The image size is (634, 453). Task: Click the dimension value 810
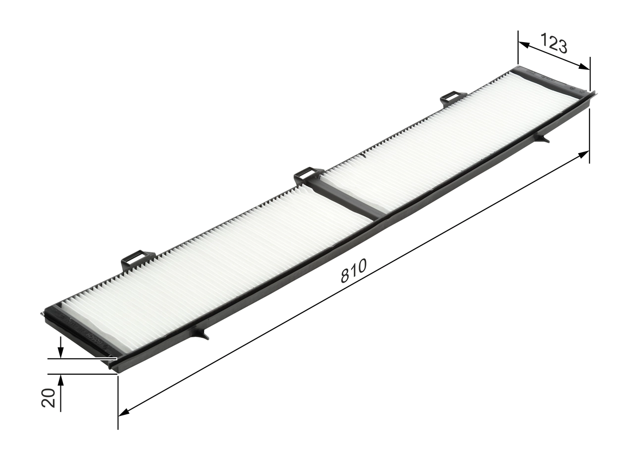coord(353,271)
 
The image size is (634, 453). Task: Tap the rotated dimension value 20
coord(49,397)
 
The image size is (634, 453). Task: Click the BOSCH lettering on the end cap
coord(96,339)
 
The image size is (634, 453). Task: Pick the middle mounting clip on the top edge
coord(308,175)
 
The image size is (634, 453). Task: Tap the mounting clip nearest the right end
coord(453,98)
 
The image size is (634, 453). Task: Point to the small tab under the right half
coord(542,138)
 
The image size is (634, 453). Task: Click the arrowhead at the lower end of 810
coord(124,412)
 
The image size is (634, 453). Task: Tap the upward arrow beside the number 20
coord(60,380)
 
